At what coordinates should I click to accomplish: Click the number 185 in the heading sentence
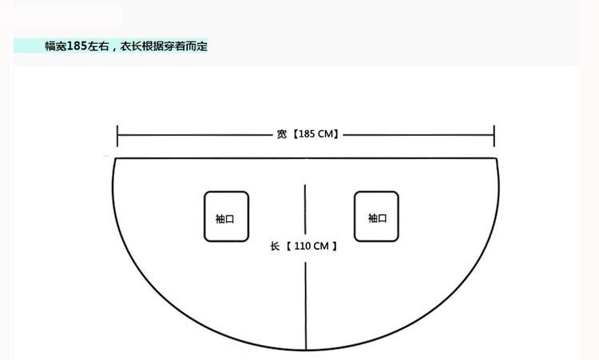[78, 46]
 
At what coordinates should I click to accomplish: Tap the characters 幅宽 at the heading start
[56, 46]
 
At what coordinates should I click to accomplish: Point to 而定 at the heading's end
[198, 46]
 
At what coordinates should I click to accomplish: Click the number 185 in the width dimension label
[307, 135]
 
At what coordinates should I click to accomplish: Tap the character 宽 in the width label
[282, 135]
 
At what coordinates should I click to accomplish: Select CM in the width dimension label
[327, 135]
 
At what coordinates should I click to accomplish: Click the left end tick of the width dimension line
[117, 135]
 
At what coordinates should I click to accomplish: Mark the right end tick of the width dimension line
[494, 135]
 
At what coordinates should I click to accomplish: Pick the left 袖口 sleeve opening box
[225, 216]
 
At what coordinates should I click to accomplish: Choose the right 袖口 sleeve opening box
[376, 216]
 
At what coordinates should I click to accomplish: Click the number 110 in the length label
[302, 247]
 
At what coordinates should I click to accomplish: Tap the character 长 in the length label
[275, 247]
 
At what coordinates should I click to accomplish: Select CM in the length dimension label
[321, 247]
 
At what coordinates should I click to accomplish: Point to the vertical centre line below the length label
[305, 303]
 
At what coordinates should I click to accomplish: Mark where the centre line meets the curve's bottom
[305, 350]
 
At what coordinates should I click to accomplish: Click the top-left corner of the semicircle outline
[114, 159]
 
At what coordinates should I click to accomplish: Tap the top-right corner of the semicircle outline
[497, 159]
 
